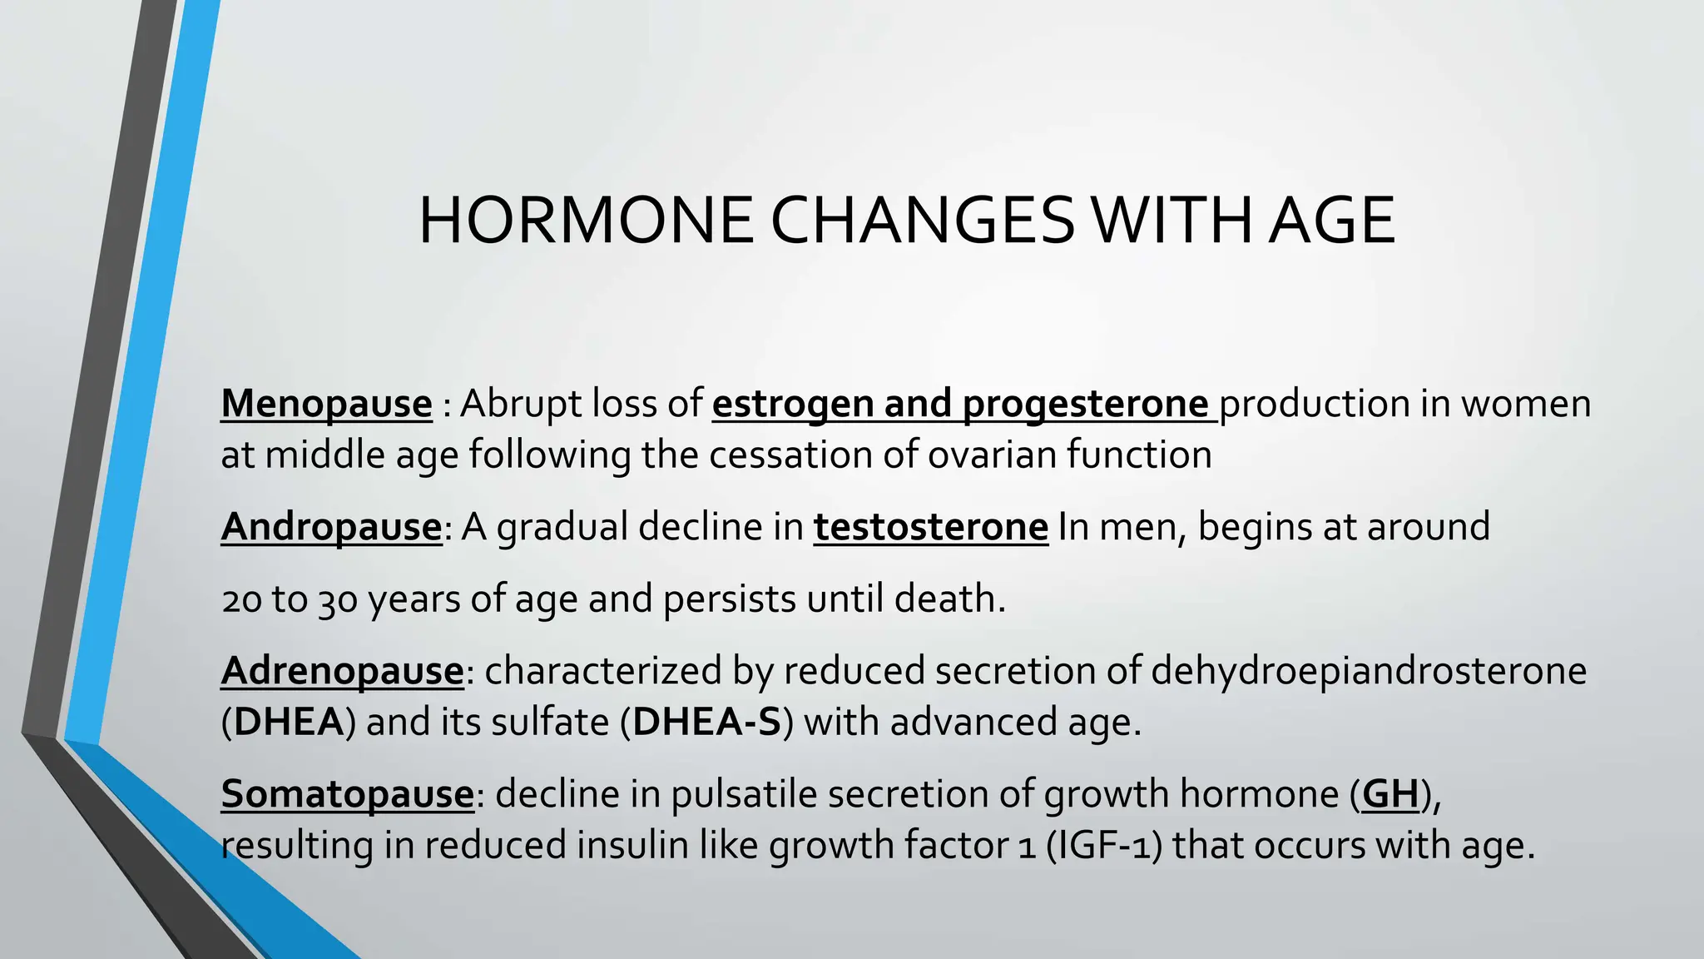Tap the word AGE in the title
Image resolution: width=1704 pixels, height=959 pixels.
pyautogui.click(x=1331, y=221)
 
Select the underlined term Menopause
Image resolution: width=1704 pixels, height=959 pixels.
pyautogui.click(x=326, y=404)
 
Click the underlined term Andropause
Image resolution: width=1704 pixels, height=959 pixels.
pyautogui.click(x=331, y=527)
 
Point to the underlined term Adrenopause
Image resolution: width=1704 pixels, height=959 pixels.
pyautogui.click(x=342, y=671)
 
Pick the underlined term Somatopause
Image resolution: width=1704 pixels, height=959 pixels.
pyautogui.click(x=347, y=793)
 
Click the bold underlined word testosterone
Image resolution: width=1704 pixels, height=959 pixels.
pyautogui.click(x=930, y=527)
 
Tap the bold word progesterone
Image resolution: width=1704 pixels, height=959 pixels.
pyautogui.click(x=1085, y=404)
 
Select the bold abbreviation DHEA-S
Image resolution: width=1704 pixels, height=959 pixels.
pyautogui.click(x=706, y=722)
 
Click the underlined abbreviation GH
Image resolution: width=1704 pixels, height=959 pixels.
pyautogui.click(x=1389, y=793)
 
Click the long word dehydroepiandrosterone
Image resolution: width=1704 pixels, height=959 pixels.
pyautogui.click(x=1368, y=671)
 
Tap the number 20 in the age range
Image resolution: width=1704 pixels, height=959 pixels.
pyautogui.click(x=242, y=599)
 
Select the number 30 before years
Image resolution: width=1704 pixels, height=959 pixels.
pyautogui.click(x=338, y=599)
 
